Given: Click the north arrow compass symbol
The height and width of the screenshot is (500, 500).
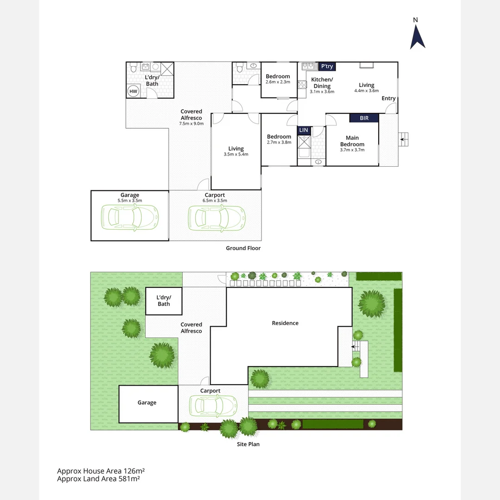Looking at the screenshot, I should click(417, 35).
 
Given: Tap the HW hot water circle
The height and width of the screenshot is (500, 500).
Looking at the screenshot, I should click(133, 91).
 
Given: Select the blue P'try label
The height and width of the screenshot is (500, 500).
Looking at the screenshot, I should click(327, 67).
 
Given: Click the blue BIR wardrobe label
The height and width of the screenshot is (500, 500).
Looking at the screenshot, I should click(364, 119).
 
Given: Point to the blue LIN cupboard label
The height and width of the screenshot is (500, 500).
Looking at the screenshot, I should click(303, 131).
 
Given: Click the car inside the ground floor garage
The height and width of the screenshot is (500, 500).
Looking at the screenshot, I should click(130, 216).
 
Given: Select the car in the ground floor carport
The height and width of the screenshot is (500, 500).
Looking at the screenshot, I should click(216, 216).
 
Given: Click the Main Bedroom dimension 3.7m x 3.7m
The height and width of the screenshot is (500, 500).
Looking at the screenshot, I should click(352, 150).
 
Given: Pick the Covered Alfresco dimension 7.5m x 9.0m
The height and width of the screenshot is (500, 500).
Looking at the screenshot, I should click(192, 124).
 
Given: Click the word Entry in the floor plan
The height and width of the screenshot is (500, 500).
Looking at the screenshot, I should click(388, 98).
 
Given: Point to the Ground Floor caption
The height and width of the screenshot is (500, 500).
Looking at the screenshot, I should click(243, 248).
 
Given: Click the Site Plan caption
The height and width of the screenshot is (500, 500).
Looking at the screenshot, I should click(248, 444).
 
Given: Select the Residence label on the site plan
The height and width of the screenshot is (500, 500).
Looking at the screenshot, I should click(285, 323).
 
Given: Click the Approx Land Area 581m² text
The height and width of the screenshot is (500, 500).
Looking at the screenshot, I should click(98, 479).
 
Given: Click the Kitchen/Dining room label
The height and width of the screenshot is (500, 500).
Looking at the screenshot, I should click(322, 83).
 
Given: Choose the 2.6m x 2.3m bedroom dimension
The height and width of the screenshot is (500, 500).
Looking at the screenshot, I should click(278, 82).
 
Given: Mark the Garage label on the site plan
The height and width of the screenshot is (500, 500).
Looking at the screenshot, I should click(147, 403).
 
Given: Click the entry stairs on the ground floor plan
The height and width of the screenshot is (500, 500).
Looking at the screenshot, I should click(404, 139).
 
